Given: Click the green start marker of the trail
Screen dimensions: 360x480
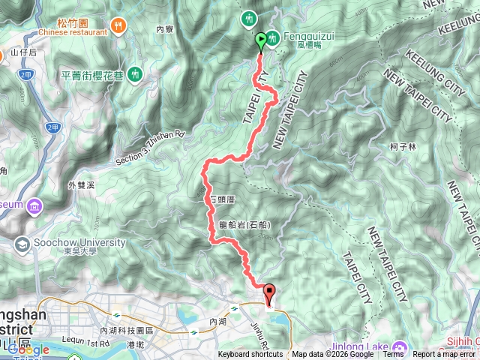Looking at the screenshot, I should [x=261, y=40].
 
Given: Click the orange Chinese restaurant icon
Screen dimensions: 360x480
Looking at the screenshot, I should [x=118, y=26].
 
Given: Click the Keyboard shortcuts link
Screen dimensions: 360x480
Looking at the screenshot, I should [x=251, y=355].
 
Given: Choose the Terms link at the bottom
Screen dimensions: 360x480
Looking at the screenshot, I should [x=393, y=355].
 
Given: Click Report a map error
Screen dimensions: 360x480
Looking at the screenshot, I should [x=445, y=355].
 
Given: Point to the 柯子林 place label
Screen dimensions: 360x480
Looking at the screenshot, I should [x=403, y=147].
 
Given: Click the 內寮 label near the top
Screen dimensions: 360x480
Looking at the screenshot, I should [x=164, y=29].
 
